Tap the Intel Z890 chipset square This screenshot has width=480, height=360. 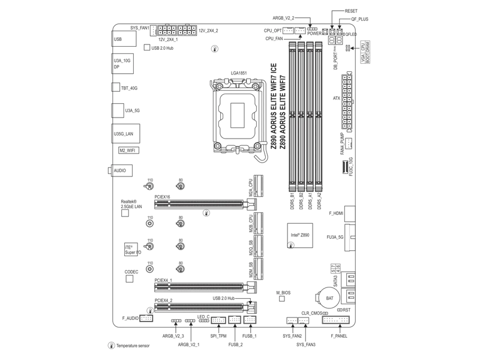tap(299, 236)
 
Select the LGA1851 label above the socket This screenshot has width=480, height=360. tap(239, 73)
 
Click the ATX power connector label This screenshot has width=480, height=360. tap(337, 98)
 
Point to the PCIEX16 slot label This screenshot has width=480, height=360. tap(163, 197)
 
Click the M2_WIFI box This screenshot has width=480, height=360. tap(127, 150)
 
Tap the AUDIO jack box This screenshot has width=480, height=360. tap(120, 171)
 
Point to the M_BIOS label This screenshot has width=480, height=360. tap(283, 293)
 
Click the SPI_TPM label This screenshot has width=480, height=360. tap(218, 337)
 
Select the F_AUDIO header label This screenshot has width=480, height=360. tap(130, 318)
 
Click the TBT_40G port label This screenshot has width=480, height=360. tap(129, 88)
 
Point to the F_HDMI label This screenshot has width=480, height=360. tap(336, 213)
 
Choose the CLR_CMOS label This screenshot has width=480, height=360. tap(311, 313)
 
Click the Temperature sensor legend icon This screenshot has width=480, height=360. tap(111, 346)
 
